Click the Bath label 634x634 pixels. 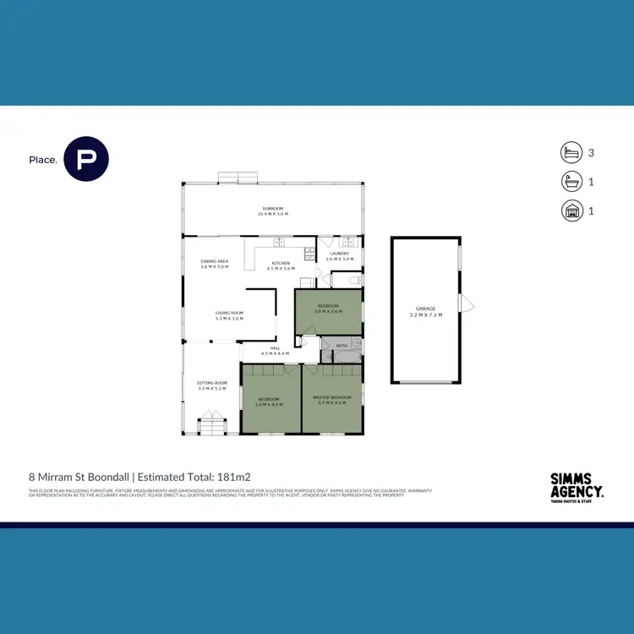click(x=342, y=346)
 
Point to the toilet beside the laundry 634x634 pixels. click(x=356, y=279)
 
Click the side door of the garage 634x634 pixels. click(x=462, y=304)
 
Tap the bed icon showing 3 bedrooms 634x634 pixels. click(x=571, y=153)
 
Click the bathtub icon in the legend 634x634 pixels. click(x=571, y=182)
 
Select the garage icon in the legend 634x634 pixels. click(x=571, y=210)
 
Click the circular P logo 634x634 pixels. click(x=86, y=159)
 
